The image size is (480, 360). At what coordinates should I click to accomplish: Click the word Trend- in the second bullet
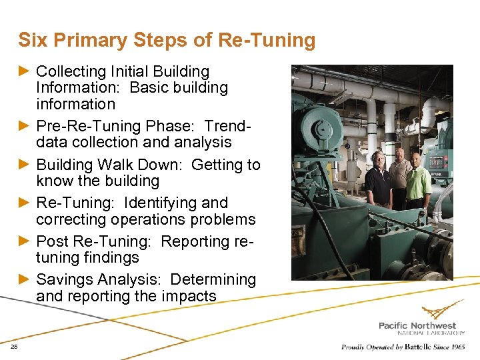click(x=230, y=126)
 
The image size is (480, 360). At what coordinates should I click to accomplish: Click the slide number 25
click(x=14, y=347)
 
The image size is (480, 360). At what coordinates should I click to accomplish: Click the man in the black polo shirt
click(x=378, y=180)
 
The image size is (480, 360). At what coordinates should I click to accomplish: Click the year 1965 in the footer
click(x=457, y=347)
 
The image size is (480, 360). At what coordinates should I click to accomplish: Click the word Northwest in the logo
click(x=435, y=325)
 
